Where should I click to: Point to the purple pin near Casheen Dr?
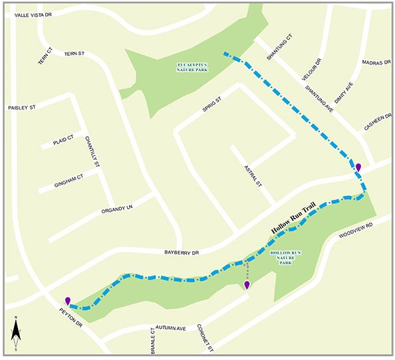358,167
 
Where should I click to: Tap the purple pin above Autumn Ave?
247,285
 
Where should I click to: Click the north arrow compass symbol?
15,335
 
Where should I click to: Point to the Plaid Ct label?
55,143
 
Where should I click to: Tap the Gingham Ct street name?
67,177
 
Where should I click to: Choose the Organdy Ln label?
118,209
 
